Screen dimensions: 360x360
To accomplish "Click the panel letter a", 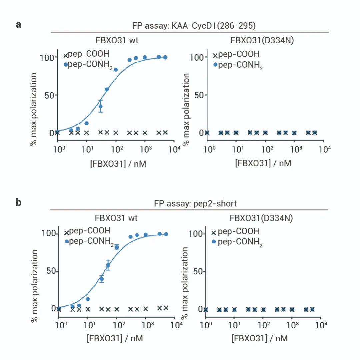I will (19, 24).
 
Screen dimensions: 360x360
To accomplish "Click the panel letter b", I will (19, 202).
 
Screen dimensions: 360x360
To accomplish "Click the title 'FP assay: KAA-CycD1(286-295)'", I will (189, 26).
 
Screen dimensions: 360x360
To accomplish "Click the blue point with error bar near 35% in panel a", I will (100, 106).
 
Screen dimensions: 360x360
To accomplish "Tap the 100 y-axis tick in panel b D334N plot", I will (196, 234).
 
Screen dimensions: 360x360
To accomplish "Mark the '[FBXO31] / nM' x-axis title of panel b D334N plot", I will (260, 338).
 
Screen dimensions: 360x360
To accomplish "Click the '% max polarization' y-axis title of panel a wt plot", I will (33, 109).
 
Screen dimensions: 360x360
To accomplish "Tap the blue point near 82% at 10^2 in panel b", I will (117, 247).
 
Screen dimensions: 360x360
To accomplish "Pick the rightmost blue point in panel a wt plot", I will (165, 57).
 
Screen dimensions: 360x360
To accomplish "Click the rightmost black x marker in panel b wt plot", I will (166, 308).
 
